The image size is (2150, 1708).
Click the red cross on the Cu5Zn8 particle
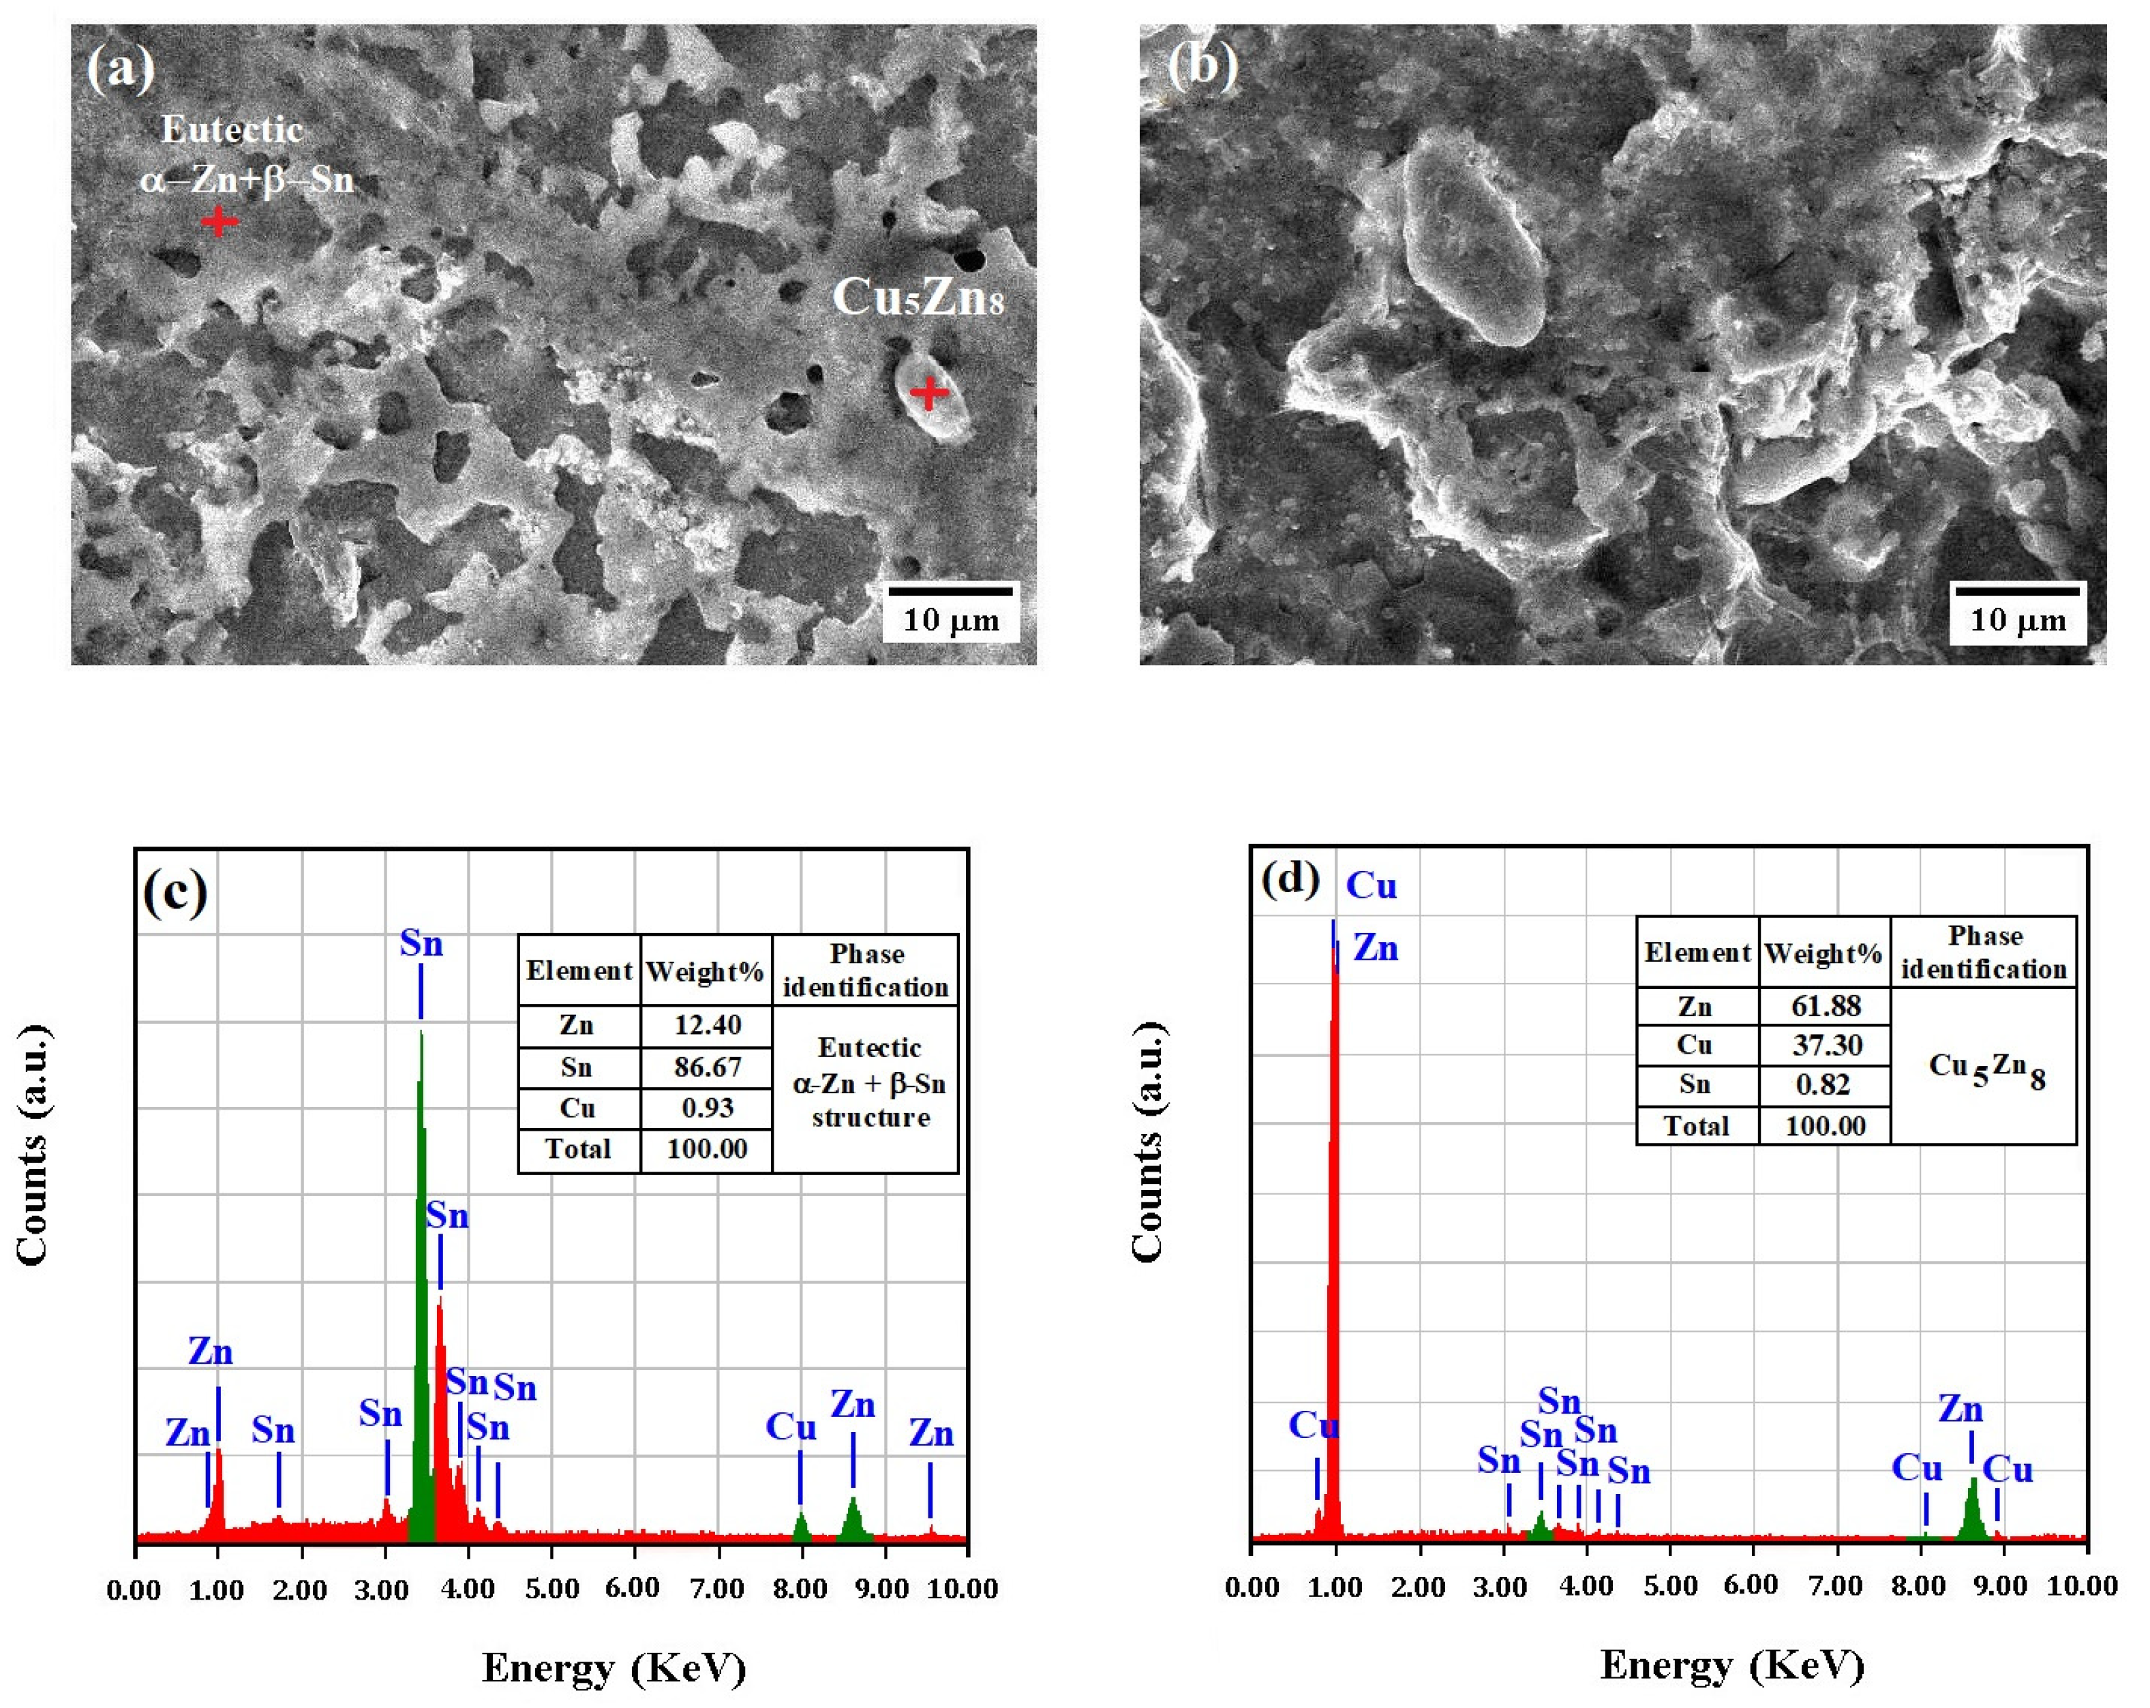928,392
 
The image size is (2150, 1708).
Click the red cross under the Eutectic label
218,222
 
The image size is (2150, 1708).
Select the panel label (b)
1202,67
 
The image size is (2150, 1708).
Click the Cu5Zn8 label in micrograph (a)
918,297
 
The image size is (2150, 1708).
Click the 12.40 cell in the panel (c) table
707,1025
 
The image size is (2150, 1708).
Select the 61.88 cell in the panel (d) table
1825,1005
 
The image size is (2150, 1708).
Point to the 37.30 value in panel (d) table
1825,1045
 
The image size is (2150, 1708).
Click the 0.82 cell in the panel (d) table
1825,1085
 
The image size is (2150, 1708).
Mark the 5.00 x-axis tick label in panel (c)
551,1588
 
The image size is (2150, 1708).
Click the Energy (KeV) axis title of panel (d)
1731,1665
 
